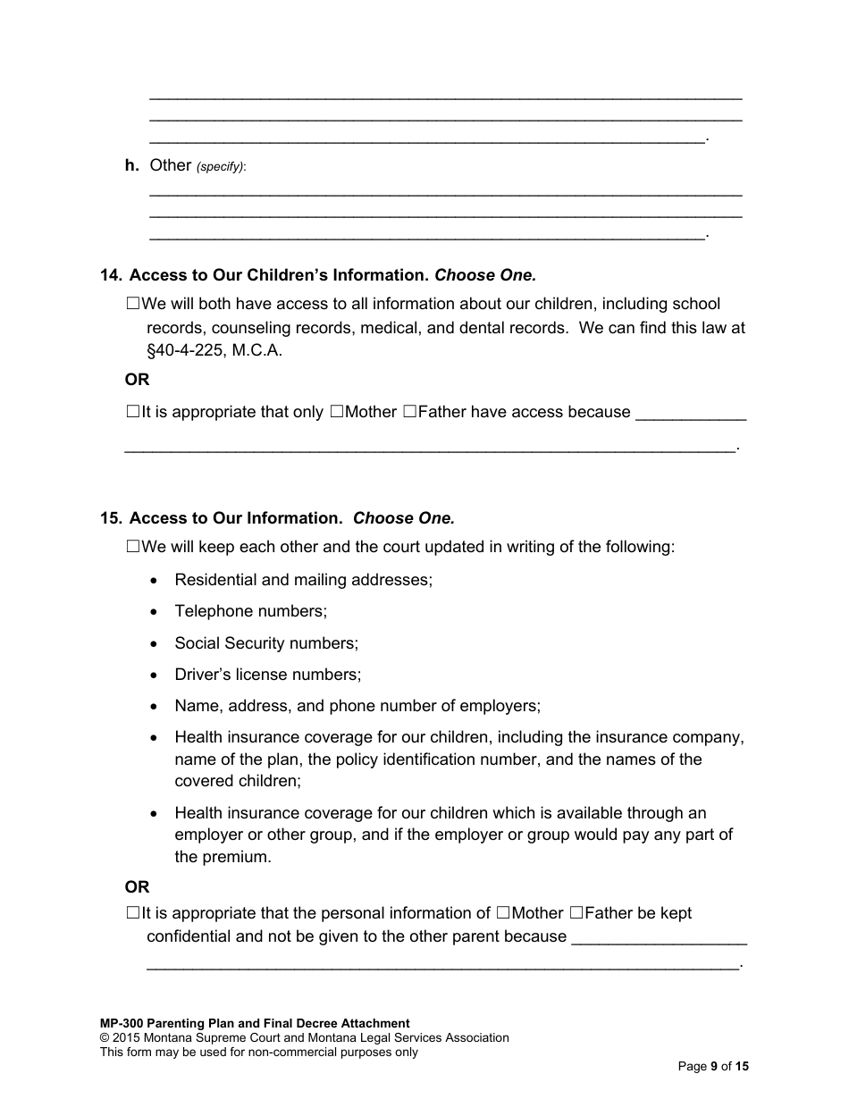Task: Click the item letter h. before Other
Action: (x=131, y=165)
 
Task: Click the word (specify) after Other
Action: (x=220, y=167)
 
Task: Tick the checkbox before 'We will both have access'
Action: (x=133, y=304)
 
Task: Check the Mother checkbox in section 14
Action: (x=336, y=412)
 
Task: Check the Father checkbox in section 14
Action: (x=409, y=412)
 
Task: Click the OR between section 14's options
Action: (x=137, y=380)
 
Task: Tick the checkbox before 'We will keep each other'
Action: (x=133, y=546)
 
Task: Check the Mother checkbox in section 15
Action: (x=503, y=913)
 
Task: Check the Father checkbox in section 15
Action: (x=576, y=913)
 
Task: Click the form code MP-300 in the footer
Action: (x=122, y=1024)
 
